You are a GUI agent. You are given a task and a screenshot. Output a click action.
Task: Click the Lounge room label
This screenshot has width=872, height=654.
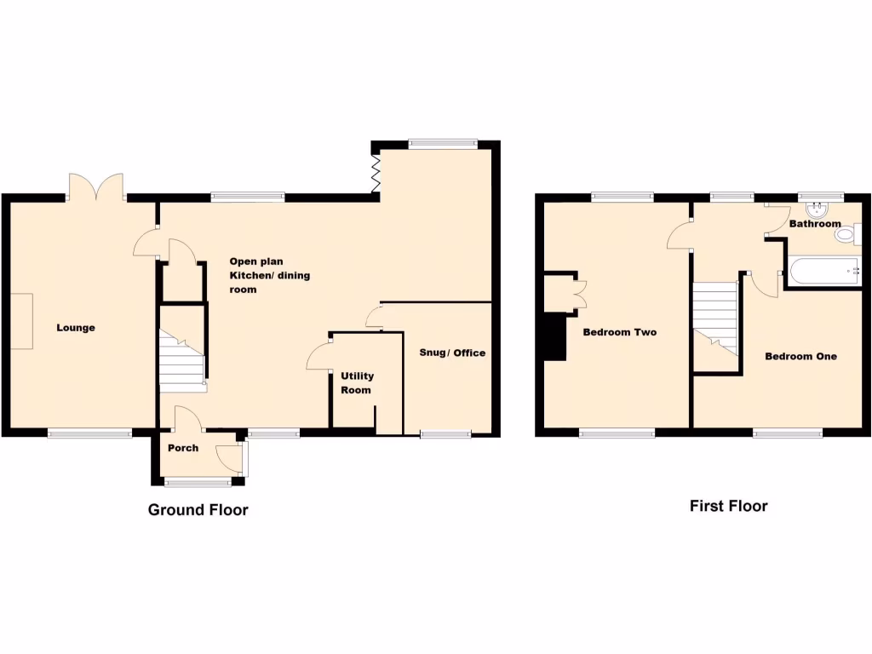[x=76, y=328]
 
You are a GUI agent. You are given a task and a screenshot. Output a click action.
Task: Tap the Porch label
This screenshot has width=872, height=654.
[x=183, y=448]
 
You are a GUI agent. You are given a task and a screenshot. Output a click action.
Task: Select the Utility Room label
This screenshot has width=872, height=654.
[x=357, y=382]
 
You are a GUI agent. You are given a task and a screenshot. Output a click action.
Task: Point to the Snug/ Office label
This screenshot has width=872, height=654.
[x=452, y=353]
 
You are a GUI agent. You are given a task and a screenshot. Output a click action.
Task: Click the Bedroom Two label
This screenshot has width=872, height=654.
[x=619, y=332]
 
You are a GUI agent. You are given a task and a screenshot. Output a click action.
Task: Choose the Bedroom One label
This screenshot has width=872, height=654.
[x=800, y=356]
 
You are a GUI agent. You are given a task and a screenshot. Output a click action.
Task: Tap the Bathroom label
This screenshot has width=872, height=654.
[x=815, y=224]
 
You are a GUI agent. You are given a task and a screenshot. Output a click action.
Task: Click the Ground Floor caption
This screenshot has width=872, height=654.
[x=198, y=510]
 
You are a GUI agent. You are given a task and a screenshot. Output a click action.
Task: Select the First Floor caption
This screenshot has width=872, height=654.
[x=728, y=506]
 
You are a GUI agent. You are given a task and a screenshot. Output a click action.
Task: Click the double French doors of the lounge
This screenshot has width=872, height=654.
[x=96, y=186]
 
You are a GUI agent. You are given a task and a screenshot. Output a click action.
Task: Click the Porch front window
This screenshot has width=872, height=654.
[x=192, y=483]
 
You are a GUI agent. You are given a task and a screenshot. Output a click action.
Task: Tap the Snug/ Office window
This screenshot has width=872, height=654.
[x=445, y=434]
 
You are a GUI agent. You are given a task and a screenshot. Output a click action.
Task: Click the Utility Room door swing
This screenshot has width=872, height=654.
[x=318, y=356]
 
